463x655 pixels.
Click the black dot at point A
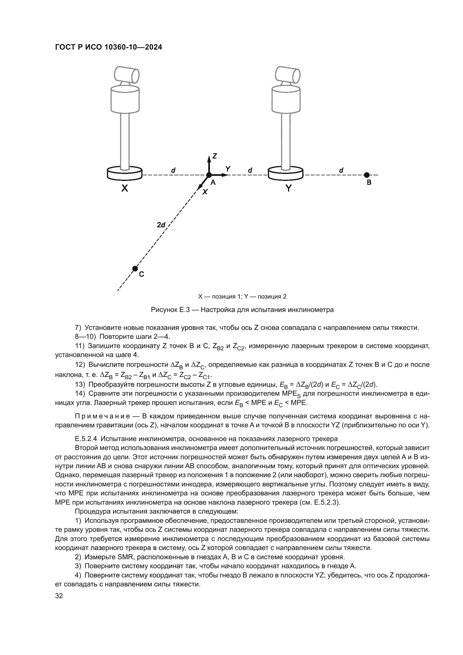pyautogui.click(x=209, y=175)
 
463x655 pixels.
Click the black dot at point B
pyautogui.click(x=367, y=175)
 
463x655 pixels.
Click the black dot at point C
pyautogui.click(x=135, y=269)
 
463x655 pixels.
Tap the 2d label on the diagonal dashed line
pyautogui.click(x=161, y=225)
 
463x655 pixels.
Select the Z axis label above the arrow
pyautogui.click(x=215, y=156)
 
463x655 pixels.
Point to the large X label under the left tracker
pyautogui.click(x=125, y=188)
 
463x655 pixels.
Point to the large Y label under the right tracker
pyautogui.click(x=289, y=188)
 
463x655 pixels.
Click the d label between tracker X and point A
pyautogui.click(x=173, y=170)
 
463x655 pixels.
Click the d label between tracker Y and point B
pyautogui.click(x=341, y=170)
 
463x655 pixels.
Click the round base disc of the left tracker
pyautogui.click(x=125, y=173)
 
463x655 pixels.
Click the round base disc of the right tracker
pyautogui.click(x=286, y=173)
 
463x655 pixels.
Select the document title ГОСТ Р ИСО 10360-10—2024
pyautogui.click(x=108, y=47)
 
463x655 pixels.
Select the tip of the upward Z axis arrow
pyautogui.click(x=209, y=157)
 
